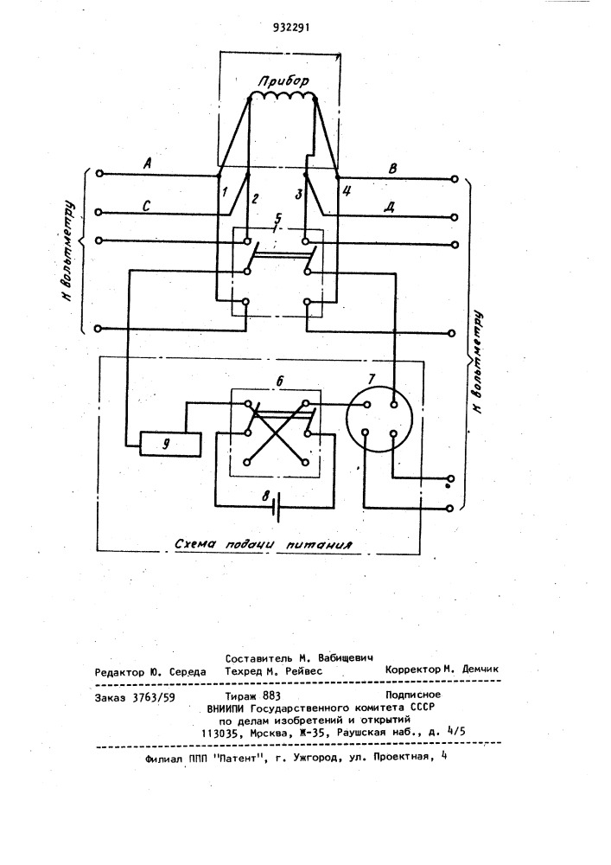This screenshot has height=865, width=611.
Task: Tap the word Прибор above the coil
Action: point(283,81)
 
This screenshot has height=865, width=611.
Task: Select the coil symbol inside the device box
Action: point(282,97)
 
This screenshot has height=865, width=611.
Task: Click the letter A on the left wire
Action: point(147,163)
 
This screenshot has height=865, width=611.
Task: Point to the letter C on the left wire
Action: point(147,206)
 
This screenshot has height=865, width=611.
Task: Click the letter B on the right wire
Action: point(392,169)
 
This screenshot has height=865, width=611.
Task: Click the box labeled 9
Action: point(170,445)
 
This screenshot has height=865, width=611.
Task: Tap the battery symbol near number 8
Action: point(276,506)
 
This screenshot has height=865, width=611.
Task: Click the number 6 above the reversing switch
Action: point(279,381)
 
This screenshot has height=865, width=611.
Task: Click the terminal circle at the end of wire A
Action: point(99,174)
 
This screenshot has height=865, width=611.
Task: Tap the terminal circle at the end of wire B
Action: point(454,179)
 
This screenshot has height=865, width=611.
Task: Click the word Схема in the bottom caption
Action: point(194,543)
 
